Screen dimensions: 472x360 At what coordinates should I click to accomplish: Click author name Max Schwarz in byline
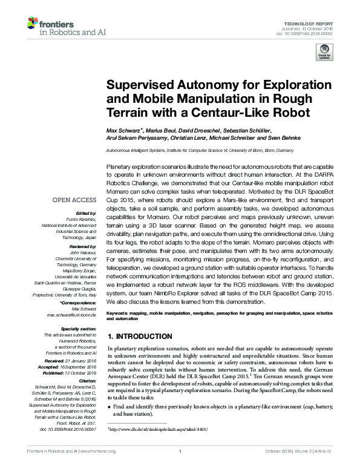[124, 131]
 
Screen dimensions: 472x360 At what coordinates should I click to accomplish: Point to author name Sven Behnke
[278, 139]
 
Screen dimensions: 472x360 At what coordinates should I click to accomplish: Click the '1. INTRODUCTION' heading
[139, 336]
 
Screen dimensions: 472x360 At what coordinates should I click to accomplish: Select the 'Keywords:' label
[118, 312]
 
